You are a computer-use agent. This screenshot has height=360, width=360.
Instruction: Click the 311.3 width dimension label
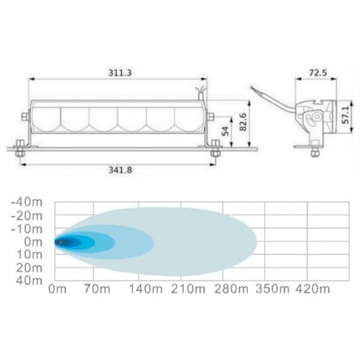click(x=120, y=72)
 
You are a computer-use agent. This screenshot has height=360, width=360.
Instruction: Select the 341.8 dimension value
click(x=120, y=170)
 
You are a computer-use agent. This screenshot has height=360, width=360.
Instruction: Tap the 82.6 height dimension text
click(x=243, y=122)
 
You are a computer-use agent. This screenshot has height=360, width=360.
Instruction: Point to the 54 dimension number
click(x=225, y=131)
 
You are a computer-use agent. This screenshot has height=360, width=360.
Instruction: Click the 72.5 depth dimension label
click(x=318, y=72)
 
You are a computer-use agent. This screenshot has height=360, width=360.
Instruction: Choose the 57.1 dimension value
click(x=346, y=115)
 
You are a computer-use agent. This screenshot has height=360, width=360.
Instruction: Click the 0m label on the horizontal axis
click(x=57, y=288)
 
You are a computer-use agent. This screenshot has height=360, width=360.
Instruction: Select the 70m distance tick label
click(x=97, y=288)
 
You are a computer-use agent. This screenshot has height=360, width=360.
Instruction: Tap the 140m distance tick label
click(x=146, y=288)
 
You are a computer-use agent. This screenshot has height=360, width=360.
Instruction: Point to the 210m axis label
click(x=188, y=288)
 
